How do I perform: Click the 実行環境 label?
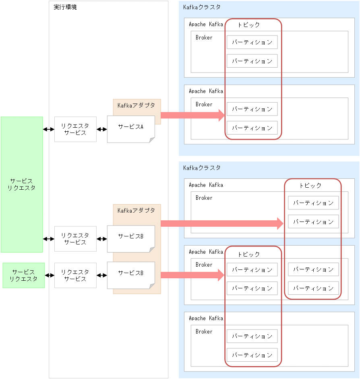65,7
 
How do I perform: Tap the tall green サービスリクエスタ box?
22,184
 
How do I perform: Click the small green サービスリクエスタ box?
23,275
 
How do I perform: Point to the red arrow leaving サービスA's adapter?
192,115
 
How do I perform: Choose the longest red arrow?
222,223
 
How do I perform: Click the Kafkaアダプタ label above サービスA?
136,105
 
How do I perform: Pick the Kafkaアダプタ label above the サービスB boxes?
136,210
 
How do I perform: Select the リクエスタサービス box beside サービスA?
75,129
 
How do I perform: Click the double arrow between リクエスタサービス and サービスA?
102,129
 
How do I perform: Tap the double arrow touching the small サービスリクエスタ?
49,275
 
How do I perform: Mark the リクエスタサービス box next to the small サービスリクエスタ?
75,275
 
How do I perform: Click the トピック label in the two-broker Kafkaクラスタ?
248,25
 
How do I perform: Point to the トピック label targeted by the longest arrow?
310,185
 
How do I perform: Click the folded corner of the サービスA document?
152,139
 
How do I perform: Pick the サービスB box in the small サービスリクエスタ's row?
130,275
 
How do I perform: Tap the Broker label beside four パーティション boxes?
204,265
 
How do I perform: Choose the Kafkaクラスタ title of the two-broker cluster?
202,7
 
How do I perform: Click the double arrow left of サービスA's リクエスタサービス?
49,129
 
